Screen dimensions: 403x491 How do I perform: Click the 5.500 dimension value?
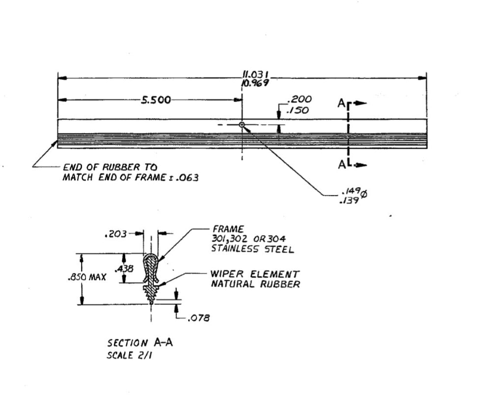[156, 100]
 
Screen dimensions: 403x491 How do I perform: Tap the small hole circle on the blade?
[242, 125]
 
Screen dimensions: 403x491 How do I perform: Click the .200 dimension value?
[301, 100]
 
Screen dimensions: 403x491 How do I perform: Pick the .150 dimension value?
[298, 110]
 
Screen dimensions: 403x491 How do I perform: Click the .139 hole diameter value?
[349, 200]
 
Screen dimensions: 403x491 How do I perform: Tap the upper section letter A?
[341, 103]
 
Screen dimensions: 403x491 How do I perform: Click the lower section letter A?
[341, 165]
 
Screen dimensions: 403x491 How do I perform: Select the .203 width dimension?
[114, 235]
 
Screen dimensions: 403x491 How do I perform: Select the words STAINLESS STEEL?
[252, 249]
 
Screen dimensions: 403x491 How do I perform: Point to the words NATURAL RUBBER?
[255, 284]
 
